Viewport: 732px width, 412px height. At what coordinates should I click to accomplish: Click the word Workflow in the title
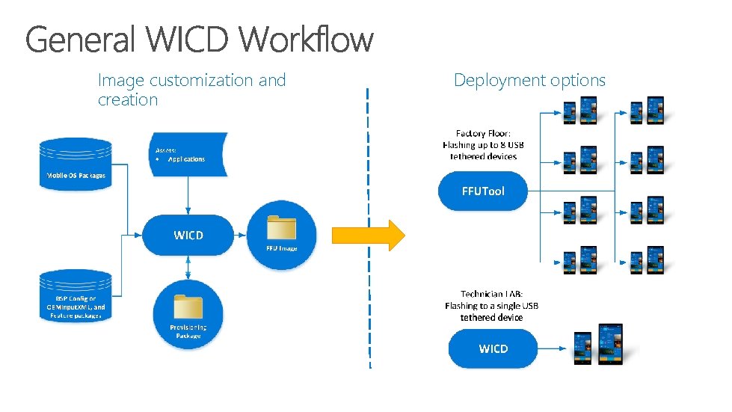click(308, 39)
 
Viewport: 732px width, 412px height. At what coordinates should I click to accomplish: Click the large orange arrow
click(368, 235)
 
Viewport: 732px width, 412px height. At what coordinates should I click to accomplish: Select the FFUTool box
click(483, 191)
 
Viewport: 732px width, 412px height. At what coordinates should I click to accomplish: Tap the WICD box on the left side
click(188, 236)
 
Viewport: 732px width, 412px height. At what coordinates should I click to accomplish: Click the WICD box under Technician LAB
click(493, 349)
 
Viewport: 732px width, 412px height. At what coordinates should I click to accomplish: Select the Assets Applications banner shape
click(186, 154)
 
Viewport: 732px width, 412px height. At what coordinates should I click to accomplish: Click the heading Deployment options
click(529, 80)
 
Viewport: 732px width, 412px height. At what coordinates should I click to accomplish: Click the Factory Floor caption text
click(483, 144)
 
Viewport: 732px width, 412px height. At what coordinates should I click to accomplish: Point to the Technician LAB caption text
click(491, 305)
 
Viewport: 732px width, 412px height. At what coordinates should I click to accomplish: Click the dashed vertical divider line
click(368, 150)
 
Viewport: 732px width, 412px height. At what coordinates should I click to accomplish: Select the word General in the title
click(80, 39)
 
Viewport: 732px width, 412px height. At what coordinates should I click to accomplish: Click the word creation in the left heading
click(128, 99)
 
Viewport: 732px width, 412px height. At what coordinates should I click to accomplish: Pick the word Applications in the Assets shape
click(186, 159)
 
